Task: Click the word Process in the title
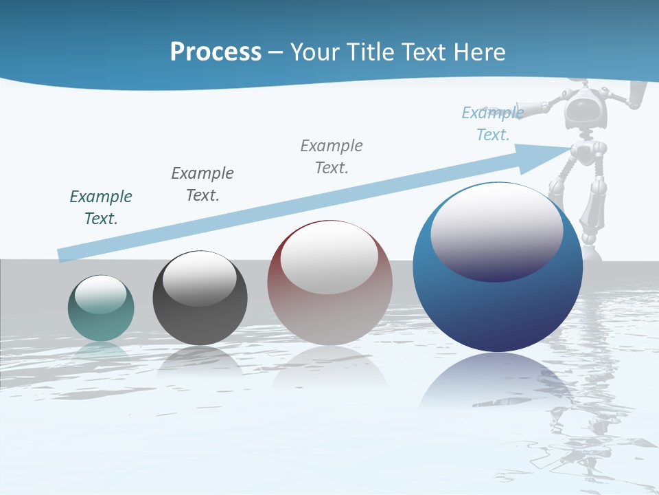(216, 52)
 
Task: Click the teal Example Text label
(101, 208)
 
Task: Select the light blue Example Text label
(493, 124)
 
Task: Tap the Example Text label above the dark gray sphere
(203, 184)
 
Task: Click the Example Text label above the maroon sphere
(332, 156)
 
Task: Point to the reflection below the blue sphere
(498, 382)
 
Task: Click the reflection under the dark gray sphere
(200, 361)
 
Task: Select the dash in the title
(276, 52)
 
